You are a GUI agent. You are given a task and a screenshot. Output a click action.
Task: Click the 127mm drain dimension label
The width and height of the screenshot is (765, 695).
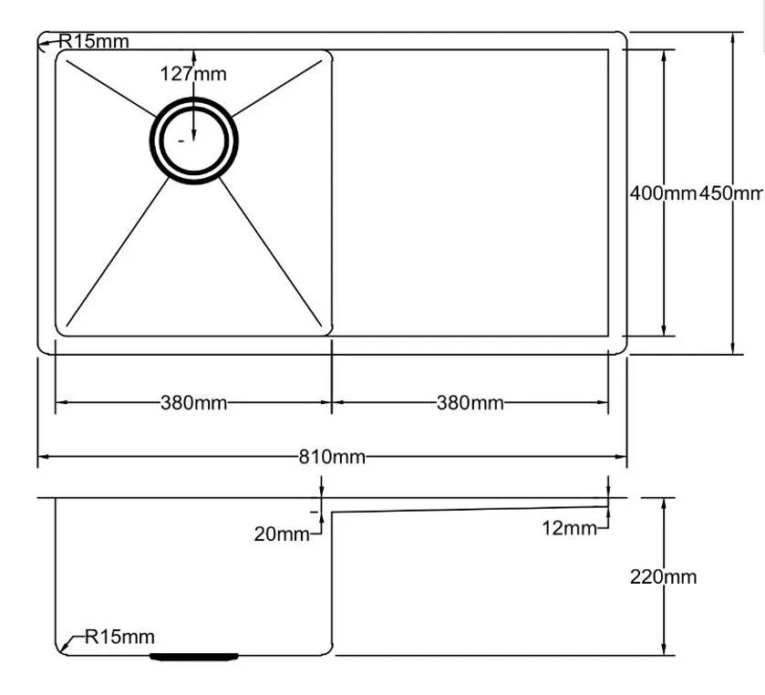(193, 74)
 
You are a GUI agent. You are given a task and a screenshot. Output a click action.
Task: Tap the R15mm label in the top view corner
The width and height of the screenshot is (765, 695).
(94, 41)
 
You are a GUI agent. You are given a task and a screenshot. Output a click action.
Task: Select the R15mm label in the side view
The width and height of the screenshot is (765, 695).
(119, 637)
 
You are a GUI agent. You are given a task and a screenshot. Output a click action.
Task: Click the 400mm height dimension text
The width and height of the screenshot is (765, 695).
(663, 193)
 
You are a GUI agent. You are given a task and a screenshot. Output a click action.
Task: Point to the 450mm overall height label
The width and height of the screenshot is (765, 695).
(731, 193)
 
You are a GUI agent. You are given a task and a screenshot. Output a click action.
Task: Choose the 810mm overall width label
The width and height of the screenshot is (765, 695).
(332, 457)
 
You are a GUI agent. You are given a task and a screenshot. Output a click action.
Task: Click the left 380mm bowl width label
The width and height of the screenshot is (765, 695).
(193, 402)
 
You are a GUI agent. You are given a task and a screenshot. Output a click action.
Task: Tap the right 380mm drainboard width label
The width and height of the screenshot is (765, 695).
(470, 402)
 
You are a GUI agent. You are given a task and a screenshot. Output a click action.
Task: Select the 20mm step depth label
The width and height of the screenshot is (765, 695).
(282, 534)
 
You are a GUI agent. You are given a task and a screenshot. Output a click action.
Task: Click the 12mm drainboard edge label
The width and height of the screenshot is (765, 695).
(569, 528)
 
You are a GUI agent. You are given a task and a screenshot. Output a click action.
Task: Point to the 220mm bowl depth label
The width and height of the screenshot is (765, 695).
(663, 576)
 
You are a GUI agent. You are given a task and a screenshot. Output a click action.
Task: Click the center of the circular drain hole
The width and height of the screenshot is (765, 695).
(194, 140)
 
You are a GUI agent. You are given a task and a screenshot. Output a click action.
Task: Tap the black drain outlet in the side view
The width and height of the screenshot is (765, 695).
(194, 656)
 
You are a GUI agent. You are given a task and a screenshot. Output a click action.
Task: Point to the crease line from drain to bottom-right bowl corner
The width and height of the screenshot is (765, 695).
(271, 252)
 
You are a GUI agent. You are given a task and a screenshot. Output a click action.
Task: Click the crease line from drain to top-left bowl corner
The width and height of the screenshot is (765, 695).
(109, 89)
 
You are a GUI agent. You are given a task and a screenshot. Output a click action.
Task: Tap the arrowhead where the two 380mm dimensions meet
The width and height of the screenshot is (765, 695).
(331, 401)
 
